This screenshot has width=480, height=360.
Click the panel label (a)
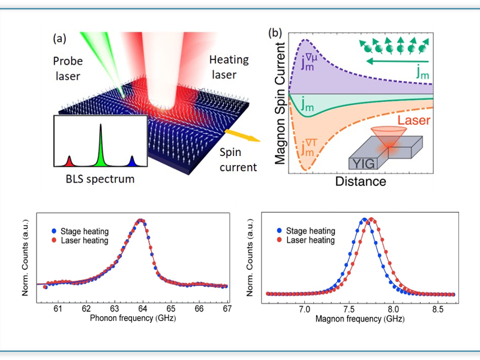click(60, 39)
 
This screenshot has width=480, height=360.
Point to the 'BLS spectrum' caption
click(99, 179)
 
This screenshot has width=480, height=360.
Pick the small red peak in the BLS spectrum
click(69, 161)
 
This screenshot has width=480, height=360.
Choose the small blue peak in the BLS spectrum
click(132, 161)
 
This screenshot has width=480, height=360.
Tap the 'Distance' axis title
click(361, 179)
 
